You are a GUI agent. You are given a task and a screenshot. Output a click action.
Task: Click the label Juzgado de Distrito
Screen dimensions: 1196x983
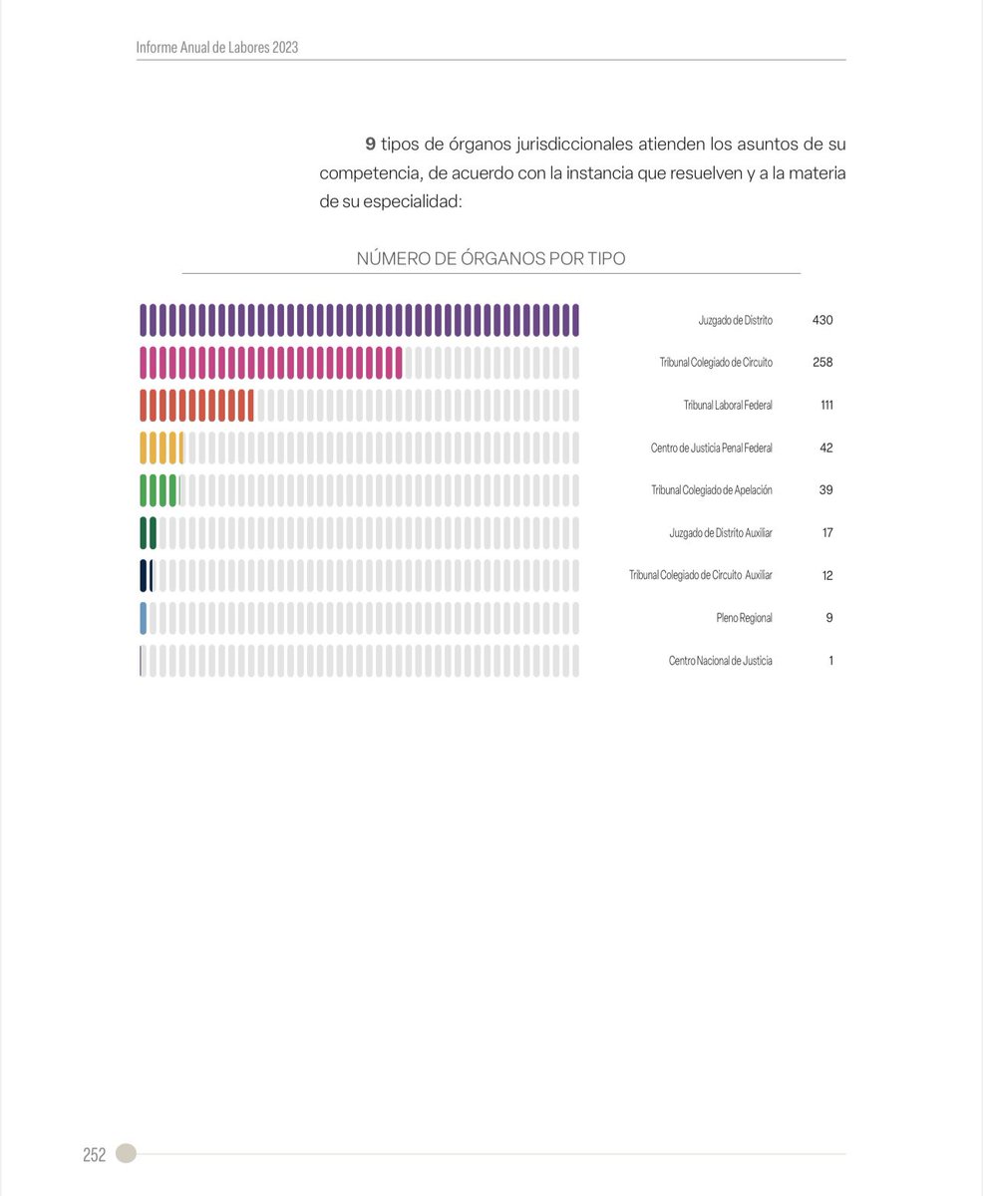[735, 321]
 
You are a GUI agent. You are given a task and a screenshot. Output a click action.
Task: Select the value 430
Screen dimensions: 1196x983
[822, 321]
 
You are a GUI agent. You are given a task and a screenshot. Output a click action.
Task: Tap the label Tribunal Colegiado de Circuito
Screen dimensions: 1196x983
[716, 363]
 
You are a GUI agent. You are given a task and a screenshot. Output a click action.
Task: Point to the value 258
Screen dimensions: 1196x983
[822, 363]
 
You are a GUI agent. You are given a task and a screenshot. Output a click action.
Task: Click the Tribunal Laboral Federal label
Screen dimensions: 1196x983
[728, 406]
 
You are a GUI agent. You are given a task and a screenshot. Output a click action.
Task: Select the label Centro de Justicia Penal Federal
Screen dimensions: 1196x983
[711, 448]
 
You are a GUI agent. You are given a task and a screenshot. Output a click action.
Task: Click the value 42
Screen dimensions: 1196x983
[825, 448]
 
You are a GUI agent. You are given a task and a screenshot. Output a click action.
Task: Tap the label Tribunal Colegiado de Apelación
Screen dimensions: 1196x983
[712, 490]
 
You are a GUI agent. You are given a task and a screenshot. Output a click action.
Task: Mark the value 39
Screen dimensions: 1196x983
[825, 490]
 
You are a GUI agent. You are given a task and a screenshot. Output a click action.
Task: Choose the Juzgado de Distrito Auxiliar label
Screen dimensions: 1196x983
[721, 533]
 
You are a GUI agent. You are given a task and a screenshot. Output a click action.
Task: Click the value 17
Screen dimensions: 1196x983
[826, 533]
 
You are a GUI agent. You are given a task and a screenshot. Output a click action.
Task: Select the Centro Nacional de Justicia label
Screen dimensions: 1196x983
[720, 661]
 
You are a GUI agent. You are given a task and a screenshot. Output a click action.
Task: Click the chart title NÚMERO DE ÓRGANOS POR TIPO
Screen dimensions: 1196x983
[491, 259]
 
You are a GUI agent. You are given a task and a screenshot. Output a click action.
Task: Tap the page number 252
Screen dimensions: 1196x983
[94, 1155]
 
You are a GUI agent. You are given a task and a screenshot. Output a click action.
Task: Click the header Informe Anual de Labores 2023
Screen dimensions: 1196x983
[217, 47]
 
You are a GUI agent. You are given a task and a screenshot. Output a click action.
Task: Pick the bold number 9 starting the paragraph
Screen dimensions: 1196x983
[370, 145]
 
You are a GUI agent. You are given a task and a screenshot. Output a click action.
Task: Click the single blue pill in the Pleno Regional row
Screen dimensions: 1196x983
[144, 618]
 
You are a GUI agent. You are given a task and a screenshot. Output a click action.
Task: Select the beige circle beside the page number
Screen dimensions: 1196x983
[126, 1153]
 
